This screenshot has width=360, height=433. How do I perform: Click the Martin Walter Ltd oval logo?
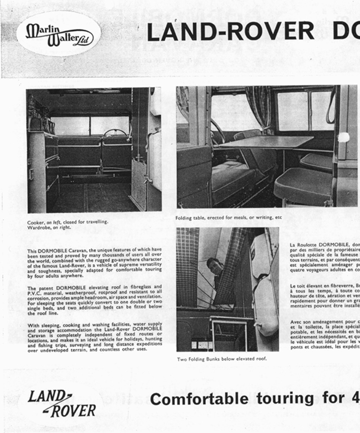point(59,34)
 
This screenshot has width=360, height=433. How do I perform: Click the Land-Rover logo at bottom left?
point(62,403)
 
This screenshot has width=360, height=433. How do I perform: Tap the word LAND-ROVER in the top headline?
point(230,32)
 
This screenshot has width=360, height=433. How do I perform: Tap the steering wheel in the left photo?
point(115,132)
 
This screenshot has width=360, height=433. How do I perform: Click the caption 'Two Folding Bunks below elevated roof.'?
point(221,359)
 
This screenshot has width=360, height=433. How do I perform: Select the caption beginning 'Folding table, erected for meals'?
point(228,218)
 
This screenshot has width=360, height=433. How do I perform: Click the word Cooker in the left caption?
point(35,222)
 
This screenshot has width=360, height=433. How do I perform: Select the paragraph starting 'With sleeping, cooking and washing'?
point(95,337)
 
